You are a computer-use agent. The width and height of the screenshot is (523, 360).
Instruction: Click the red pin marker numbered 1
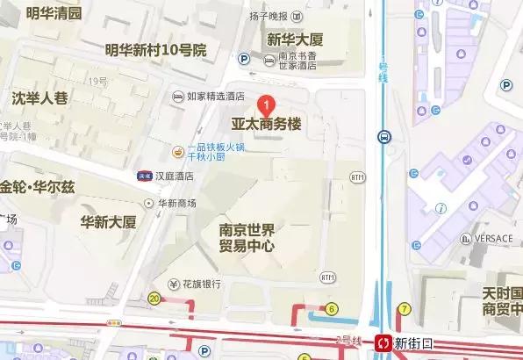tap(269, 104)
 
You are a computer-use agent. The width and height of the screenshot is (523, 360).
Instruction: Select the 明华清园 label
tap(53, 13)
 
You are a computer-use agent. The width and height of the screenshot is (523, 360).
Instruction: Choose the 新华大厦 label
tap(296, 40)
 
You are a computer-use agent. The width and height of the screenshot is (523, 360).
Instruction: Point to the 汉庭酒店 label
tap(175, 175)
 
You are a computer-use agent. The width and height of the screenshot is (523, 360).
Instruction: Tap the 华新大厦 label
tap(108, 220)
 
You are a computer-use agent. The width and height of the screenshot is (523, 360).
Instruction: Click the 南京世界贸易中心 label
tap(247, 238)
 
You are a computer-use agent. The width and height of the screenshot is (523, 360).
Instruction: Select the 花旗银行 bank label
tap(201, 284)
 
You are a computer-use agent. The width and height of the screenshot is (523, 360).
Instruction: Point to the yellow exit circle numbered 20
tap(154, 299)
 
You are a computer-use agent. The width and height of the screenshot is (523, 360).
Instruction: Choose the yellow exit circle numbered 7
tap(404, 308)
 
